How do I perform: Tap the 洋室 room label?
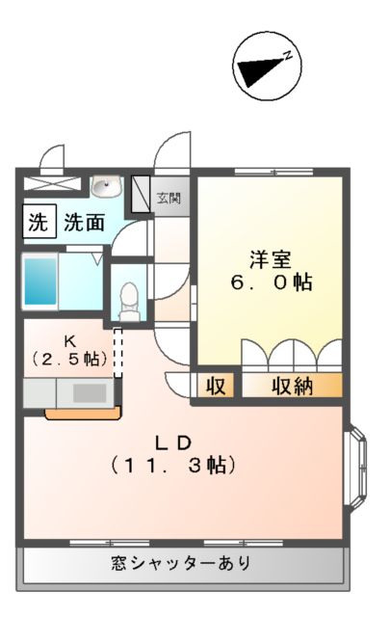pos(270,258)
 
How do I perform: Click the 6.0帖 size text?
pos(270,283)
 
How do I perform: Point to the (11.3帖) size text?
pos(174,465)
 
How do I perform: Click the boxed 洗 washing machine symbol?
pos(37,223)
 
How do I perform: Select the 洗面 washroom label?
pos(85,224)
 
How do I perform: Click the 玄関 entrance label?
pos(169,198)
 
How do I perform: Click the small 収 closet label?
pos(217,387)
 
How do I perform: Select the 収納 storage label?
pos(292,387)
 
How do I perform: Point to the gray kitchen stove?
pos(90,392)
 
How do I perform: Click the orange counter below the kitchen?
pos(83,415)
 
